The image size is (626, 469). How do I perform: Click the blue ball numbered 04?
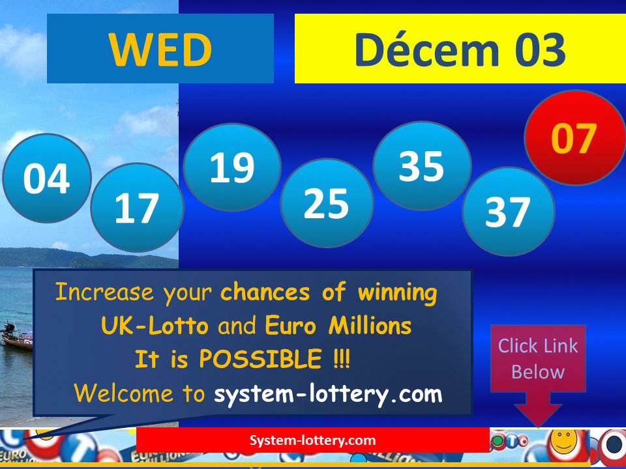tap(46, 178)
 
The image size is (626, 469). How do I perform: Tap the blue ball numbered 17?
tap(137, 208)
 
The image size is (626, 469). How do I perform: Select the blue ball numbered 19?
tap(231, 167)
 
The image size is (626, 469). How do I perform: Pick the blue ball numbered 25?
tap(327, 203)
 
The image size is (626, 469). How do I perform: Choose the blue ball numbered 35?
tap(421, 165)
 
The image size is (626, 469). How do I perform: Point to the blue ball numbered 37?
tap(508, 211)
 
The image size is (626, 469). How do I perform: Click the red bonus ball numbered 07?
tap(574, 138)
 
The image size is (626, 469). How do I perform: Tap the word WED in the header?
tap(160, 50)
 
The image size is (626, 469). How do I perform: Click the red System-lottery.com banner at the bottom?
tap(313, 440)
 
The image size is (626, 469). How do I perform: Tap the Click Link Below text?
tap(538, 358)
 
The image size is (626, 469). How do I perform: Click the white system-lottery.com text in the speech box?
tap(328, 393)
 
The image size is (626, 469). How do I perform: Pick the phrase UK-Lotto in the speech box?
tap(155, 326)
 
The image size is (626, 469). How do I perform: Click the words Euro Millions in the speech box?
tap(338, 326)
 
